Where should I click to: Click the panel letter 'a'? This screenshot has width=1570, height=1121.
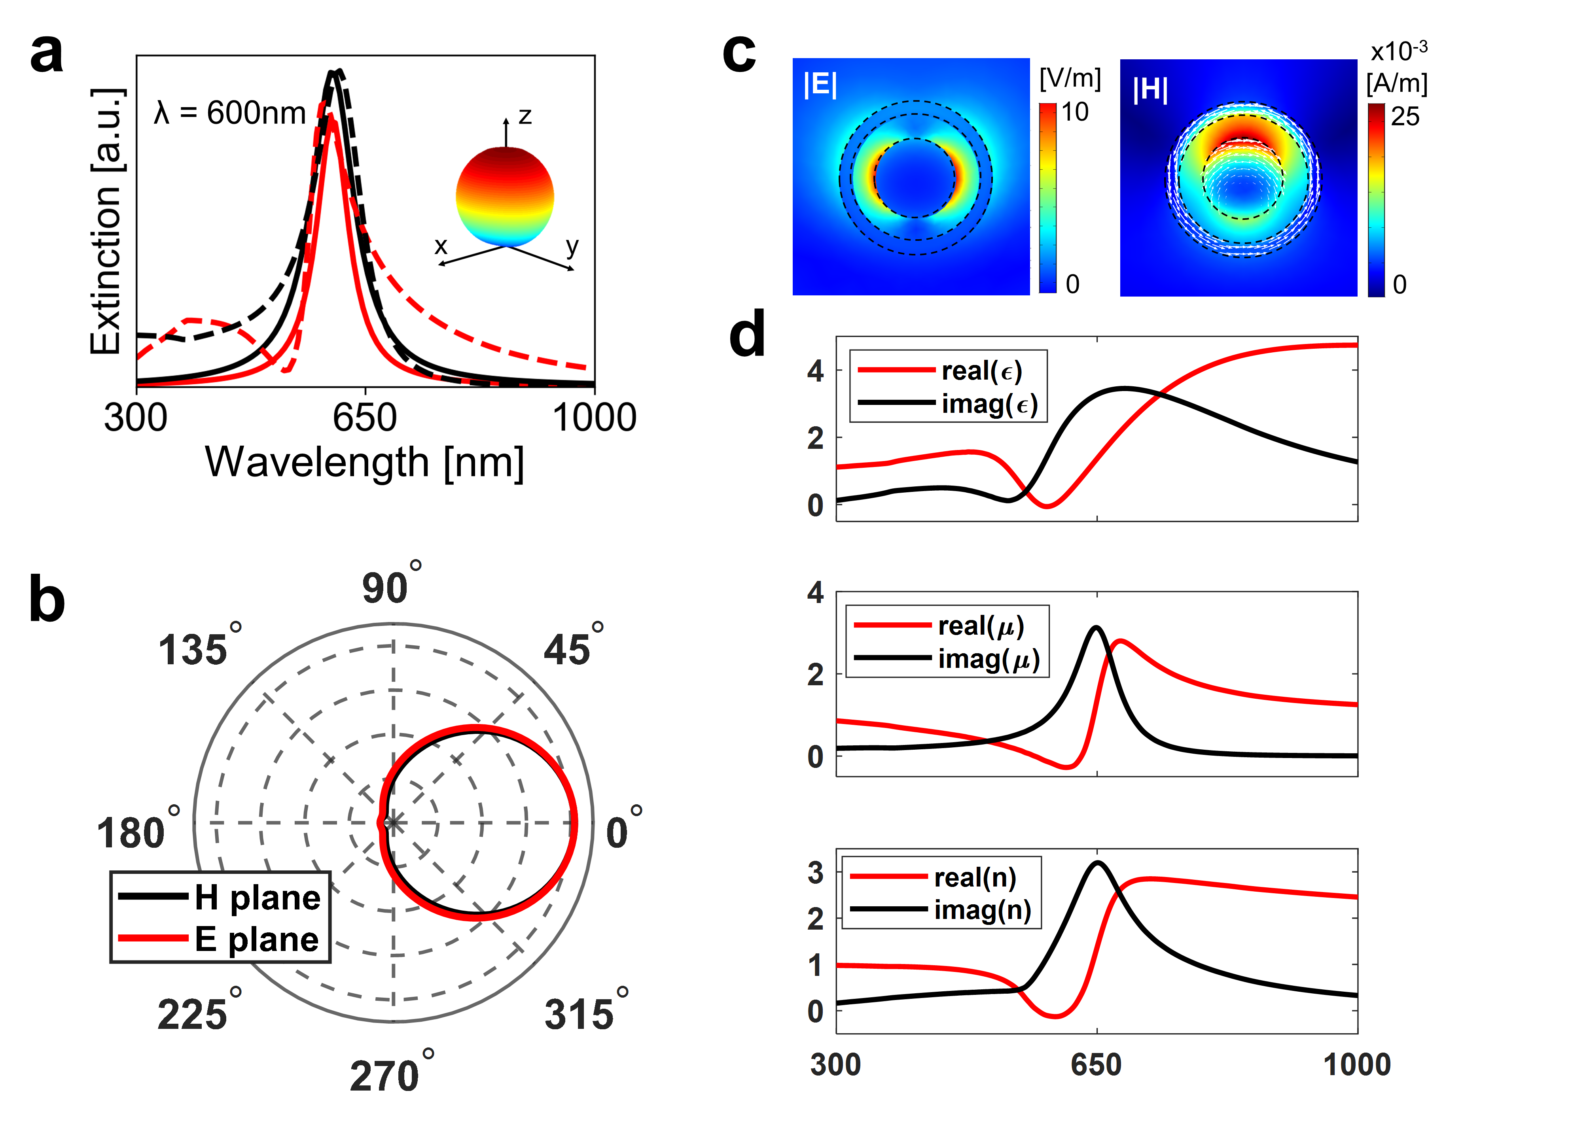tap(47, 54)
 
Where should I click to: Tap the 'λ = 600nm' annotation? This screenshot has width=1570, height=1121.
tap(230, 113)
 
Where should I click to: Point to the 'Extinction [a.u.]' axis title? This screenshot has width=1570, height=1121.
tap(108, 221)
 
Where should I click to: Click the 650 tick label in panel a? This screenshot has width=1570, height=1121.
tap(365, 418)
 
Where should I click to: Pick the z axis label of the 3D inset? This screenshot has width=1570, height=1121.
tap(525, 116)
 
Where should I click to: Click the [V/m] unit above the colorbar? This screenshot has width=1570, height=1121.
tap(1070, 78)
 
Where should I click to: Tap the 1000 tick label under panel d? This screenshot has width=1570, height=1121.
tap(1357, 1065)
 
